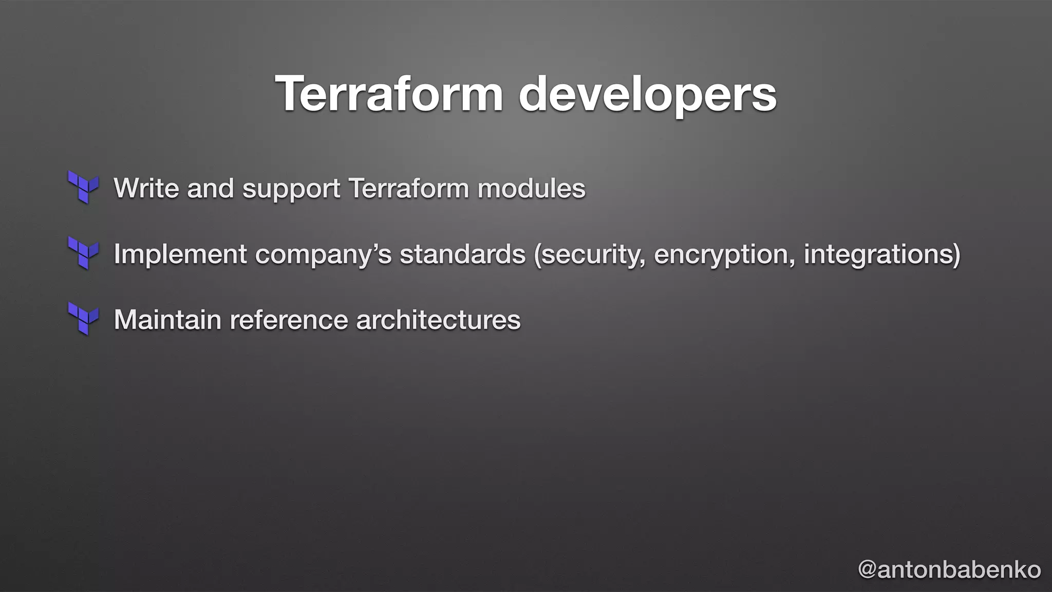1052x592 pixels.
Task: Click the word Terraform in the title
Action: pyautogui.click(x=389, y=94)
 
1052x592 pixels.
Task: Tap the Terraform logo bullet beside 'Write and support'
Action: pyautogui.click(x=83, y=187)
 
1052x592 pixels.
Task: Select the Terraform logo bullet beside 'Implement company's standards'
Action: pyautogui.click(x=83, y=253)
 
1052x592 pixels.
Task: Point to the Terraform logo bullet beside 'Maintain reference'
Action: pyautogui.click(x=83, y=319)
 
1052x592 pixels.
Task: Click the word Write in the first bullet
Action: pyautogui.click(x=146, y=188)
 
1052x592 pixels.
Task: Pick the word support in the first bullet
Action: pyautogui.click(x=291, y=189)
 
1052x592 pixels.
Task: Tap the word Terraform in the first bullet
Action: pyautogui.click(x=408, y=188)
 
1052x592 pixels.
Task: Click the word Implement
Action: pyautogui.click(x=180, y=254)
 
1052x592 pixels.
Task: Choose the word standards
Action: pyautogui.click(x=463, y=253)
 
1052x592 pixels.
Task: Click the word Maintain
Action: pyautogui.click(x=167, y=320)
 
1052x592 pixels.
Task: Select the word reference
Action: pyautogui.click(x=289, y=320)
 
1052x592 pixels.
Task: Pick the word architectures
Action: pyautogui.click(x=438, y=320)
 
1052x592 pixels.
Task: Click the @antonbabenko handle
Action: pyautogui.click(x=949, y=569)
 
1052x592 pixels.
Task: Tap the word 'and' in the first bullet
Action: pyautogui.click(x=211, y=188)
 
